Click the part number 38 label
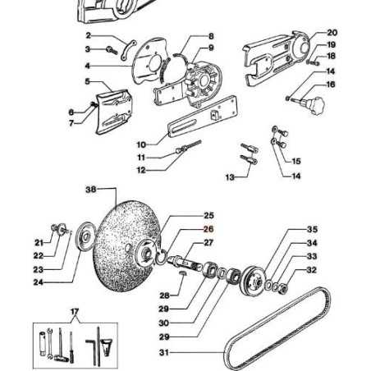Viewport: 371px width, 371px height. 91,189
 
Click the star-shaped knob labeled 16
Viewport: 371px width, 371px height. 314,106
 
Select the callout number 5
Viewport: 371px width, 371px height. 87,81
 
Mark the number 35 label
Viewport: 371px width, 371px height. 312,229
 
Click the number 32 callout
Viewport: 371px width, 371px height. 312,270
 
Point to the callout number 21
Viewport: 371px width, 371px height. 39,242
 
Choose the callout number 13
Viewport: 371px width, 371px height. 230,176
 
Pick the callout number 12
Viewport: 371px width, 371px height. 141,170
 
